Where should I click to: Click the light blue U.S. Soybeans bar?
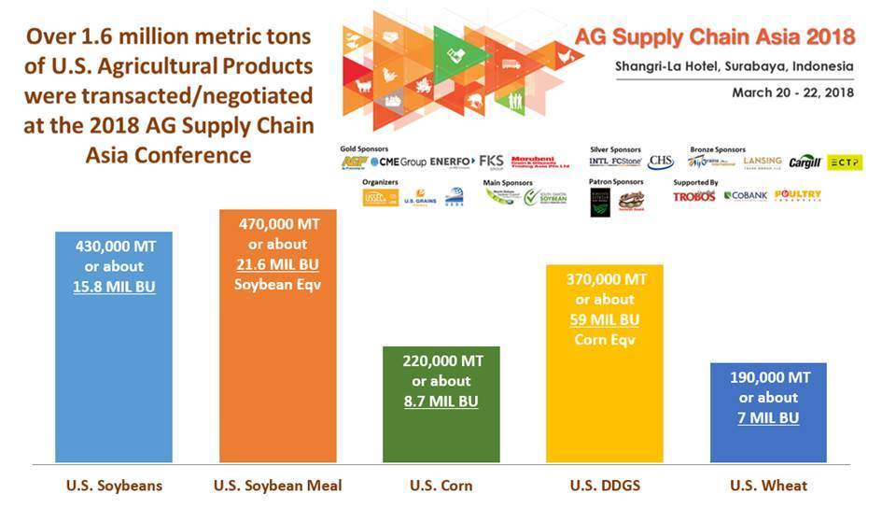click(113, 374)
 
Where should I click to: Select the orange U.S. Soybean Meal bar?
click(277, 374)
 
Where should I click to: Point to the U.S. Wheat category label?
click(769, 486)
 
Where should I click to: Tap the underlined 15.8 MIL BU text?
click(114, 287)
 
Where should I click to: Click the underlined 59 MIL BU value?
click(605, 319)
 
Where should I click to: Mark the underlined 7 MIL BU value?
click(769, 417)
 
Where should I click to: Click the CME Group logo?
click(399, 162)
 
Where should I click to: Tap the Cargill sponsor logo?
click(805, 162)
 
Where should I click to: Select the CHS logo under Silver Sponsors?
click(661, 162)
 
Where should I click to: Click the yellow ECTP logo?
click(846, 162)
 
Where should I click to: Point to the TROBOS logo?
click(693, 196)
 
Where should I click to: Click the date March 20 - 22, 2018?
click(792, 92)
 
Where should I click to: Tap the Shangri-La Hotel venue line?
click(735, 66)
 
